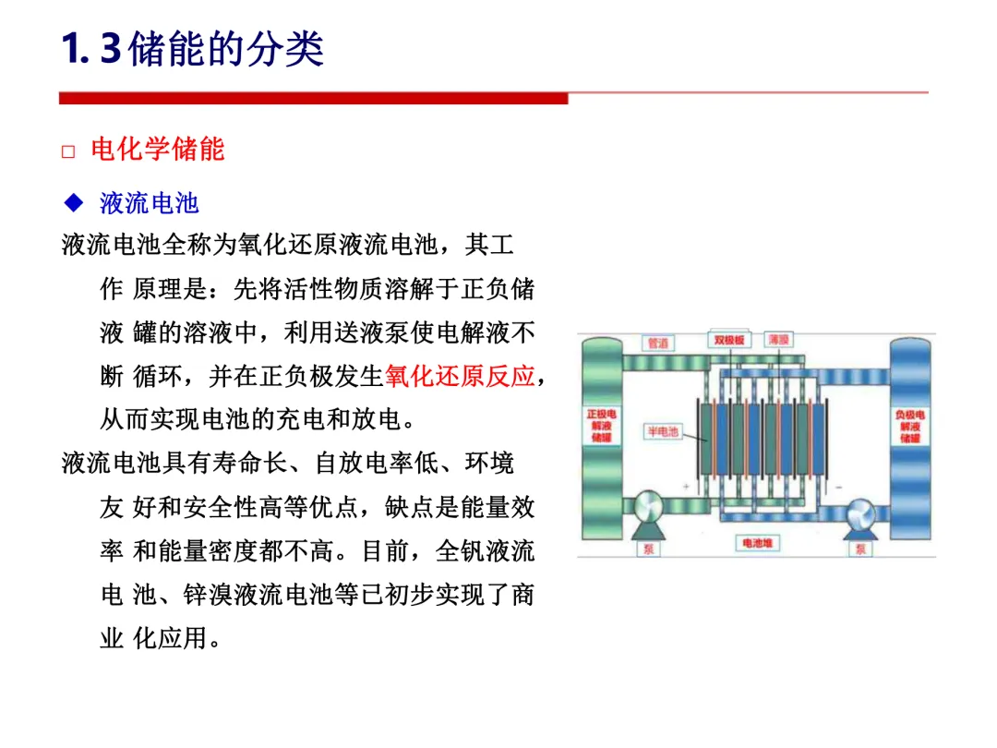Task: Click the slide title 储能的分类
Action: [x=227, y=48]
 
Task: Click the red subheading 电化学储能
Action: [x=158, y=150]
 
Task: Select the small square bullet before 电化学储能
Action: [x=67, y=151]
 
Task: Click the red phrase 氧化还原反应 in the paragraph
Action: [x=460, y=377]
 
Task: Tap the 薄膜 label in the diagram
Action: [x=778, y=340]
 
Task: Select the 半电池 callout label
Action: [x=661, y=431]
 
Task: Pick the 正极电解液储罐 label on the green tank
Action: [x=600, y=426]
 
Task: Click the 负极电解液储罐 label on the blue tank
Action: [x=910, y=426]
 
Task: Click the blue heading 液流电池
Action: [x=149, y=203]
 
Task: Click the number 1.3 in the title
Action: [x=90, y=48]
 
